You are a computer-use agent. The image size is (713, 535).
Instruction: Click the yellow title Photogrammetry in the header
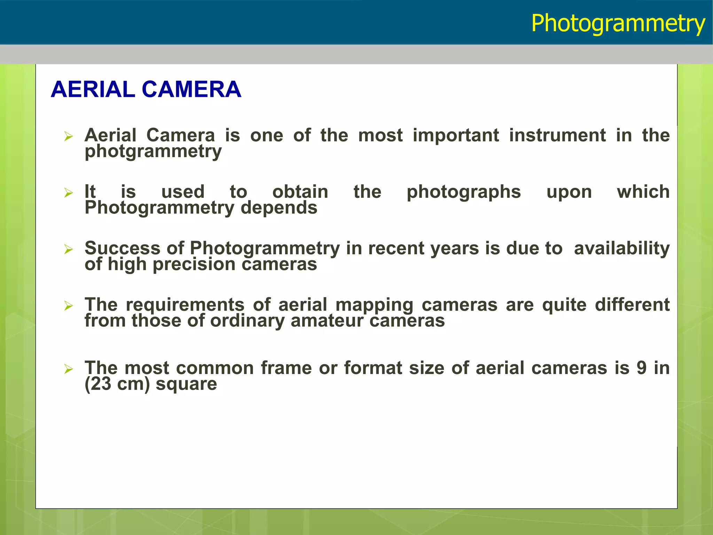618,24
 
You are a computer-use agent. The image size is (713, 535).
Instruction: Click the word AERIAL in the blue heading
93,90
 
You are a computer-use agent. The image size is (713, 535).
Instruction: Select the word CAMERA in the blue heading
191,90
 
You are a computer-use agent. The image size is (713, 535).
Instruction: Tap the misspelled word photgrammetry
153,152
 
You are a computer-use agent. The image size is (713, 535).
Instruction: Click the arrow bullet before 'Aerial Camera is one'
69,137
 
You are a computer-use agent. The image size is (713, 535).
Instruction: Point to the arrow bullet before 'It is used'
69,193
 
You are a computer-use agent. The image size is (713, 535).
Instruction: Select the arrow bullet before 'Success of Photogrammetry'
69,249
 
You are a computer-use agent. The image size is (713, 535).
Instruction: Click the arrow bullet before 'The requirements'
69,306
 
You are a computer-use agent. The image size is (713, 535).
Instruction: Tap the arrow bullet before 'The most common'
69,369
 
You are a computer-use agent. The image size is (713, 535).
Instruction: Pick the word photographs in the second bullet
464,192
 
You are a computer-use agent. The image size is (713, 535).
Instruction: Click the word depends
279,208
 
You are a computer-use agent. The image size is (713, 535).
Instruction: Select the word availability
622,248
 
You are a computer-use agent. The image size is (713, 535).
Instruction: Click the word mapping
374,305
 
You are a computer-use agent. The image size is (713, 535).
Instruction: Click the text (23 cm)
117,384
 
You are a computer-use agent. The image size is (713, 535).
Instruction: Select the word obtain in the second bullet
300,192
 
